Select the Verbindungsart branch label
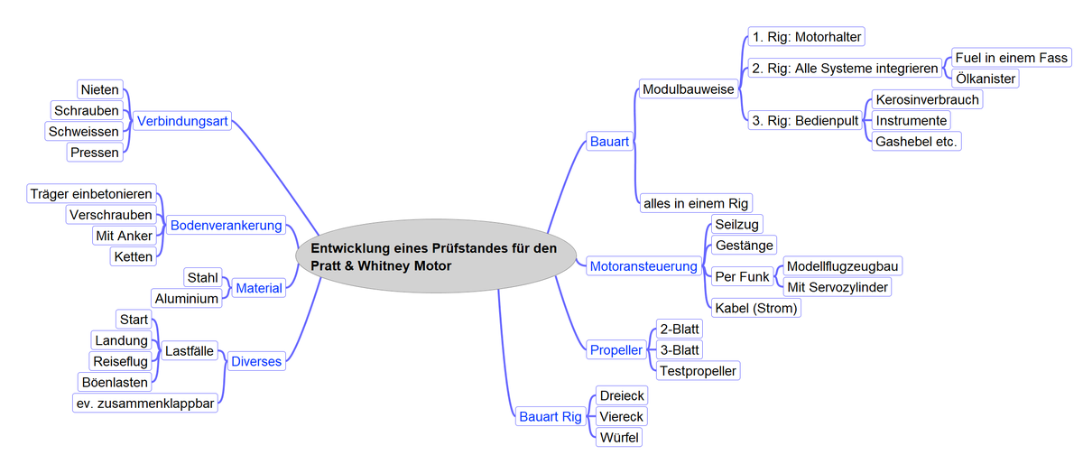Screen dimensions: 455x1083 pyautogui.click(x=182, y=121)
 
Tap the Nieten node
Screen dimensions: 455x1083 pyautogui.click(x=99, y=90)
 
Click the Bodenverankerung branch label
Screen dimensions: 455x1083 pyautogui.click(x=227, y=225)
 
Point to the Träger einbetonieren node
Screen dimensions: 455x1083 pyautogui.click(x=91, y=194)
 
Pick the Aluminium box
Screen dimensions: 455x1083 pyautogui.click(x=187, y=298)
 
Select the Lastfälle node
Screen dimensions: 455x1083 pyautogui.click(x=189, y=350)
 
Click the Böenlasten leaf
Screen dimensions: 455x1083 pyautogui.click(x=114, y=382)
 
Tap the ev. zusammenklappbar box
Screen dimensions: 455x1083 pyautogui.click(x=145, y=404)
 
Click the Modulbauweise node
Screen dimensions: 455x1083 pyautogui.click(x=689, y=89)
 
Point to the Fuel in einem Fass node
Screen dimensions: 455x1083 pyautogui.click(x=1011, y=58)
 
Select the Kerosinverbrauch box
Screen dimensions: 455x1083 pyautogui.click(x=927, y=99)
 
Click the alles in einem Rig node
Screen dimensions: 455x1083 pyautogui.click(x=695, y=203)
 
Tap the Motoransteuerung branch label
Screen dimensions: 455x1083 pyautogui.click(x=643, y=266)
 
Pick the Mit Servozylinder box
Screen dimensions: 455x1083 pyautogui.click(x=838, y=287)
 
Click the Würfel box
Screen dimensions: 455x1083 pyautogui.click(x=620, y=437)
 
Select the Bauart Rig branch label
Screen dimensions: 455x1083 pyautogui.click(x=551, y=416)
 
